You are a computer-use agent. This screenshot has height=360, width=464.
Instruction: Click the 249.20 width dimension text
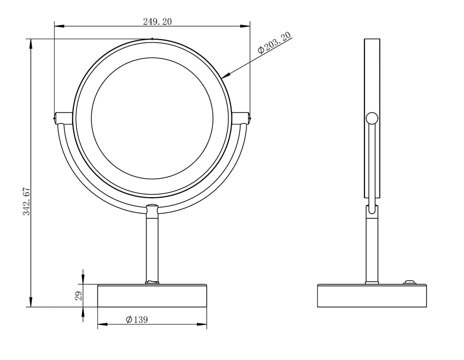pyautogui.click(x=157, y=22)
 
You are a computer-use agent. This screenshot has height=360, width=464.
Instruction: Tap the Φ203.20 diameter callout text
pyautogui.click(x=274, y=43)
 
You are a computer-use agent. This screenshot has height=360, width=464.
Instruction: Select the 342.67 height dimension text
pyautogui.click(x=27, y=201)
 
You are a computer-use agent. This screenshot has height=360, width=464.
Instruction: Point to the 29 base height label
pyautogui.click(x=78, y=296)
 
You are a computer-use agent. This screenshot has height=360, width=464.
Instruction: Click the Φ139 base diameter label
pyautogui.click(x=137, y=319)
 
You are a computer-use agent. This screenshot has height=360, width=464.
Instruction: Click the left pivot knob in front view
pyautogui.click(x=63, y=118)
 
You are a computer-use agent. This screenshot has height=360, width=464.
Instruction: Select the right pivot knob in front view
pyautogui.click(x=241, y=118)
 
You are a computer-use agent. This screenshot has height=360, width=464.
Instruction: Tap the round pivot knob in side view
pyautogui.click(x=372, y=118)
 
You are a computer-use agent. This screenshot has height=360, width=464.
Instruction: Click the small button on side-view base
pyautogui.click(x=409, y=282)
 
